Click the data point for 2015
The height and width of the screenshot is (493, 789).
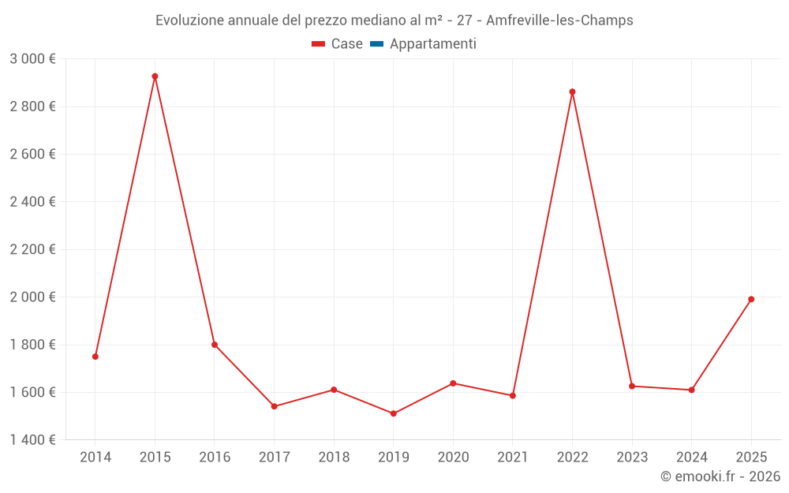click(x=155, y=77)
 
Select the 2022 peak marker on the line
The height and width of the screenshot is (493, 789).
click(x=572, y=92)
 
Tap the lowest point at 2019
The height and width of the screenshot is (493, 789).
click(x=393, y=413)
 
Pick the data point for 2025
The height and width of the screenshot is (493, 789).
click(x=751, y=299)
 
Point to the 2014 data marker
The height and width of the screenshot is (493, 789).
click(x=95, y=357)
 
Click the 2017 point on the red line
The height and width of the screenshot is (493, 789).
click(x=274, y=406)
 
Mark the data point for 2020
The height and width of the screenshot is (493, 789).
click(x=453, y=383)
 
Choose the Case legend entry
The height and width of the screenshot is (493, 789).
click(x=338, y=44)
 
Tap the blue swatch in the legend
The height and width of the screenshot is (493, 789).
click(x=376, y=44)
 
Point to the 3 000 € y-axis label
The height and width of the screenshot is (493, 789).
click(x=32, y=59)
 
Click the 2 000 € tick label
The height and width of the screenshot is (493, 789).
click(x=32, y=297)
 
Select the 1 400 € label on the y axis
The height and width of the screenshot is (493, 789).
click(x=32, y=440)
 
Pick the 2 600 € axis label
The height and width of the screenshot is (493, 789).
click(x=32, y=155)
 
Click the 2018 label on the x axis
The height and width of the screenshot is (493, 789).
click(x=334, y=458)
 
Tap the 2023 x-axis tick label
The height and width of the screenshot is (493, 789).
click(x=632, y=458)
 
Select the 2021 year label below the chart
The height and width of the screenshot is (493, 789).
click(x=513, y=458)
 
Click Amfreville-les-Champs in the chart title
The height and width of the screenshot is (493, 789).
click(x=559, y=21)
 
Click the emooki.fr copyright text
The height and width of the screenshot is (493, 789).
click(x=720, y=476)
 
